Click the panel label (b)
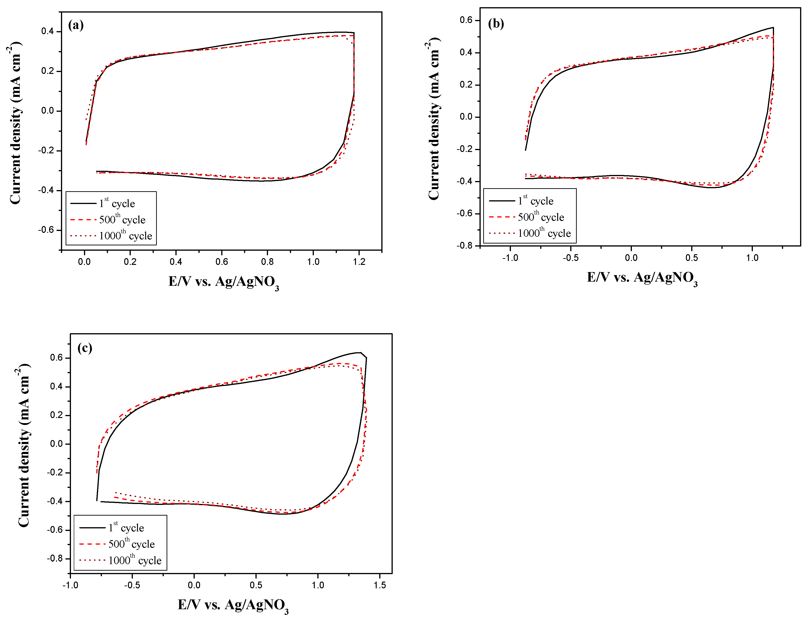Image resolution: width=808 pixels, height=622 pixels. click(496, 24)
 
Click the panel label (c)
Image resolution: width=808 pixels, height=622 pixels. click(85, 348)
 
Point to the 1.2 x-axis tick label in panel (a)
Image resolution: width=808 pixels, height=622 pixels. click(359, 262)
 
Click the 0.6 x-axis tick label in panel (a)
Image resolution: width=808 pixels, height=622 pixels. click(222, 262)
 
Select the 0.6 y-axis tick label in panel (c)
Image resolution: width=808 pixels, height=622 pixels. click(56, 358)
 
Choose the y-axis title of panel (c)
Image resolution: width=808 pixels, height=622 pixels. click(24, 445)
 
